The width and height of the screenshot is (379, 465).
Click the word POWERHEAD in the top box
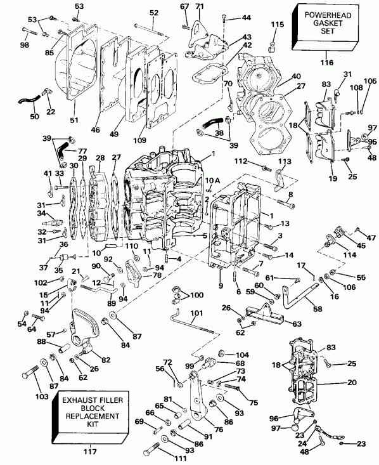tap(326, 14)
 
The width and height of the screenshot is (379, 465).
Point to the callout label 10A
tap(214, 181)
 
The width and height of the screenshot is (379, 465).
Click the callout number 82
tap(105, 360)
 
